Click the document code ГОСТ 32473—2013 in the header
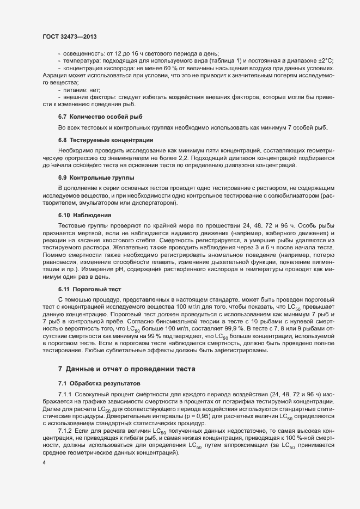(x=70, y=36)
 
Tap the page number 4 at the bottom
(x=44, y=462)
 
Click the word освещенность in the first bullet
(x=82, y=53)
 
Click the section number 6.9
(x=63, y=178)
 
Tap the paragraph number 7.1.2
(x=65, y=431)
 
